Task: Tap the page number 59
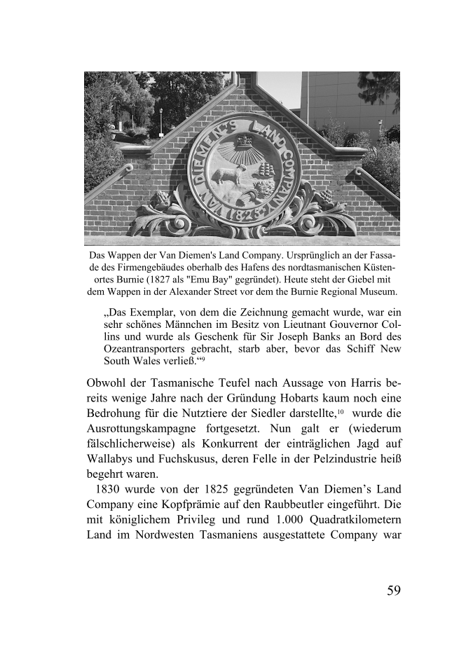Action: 393,590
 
